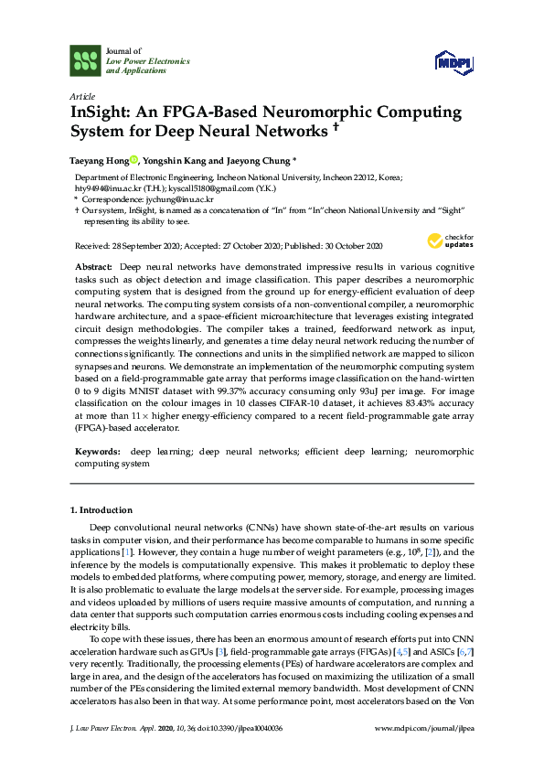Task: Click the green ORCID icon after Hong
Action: coord(133,159)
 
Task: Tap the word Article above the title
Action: coord(81,95)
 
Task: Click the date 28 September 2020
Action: coord(137,246)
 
